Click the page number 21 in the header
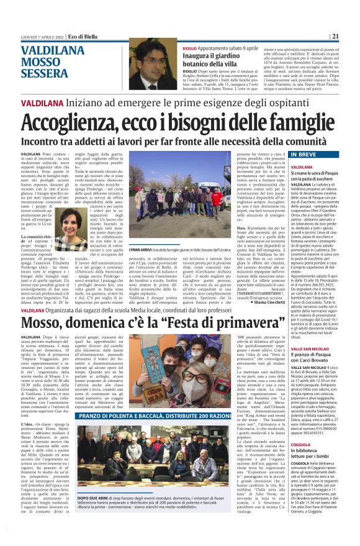click(x=335, y=36)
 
